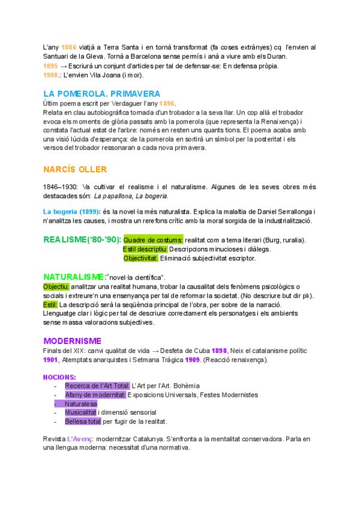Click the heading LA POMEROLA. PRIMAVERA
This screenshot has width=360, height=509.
[x=101, y=94]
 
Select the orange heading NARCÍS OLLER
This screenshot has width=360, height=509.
[x=76, y=169]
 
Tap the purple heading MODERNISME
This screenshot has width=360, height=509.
[x=73, y=340]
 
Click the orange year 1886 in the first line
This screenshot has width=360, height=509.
[x=69, y=47]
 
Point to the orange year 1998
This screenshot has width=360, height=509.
[x=51, y=75]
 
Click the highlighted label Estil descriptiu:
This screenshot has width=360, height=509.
[x=145, y=249]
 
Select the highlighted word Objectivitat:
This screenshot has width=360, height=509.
[x=141, y=259]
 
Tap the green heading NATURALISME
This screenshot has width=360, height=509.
[x=73, y=277]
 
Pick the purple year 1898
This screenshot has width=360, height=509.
[x=219, y=351]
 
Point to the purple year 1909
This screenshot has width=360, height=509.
[x=192, y=360]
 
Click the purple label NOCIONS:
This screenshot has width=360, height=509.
[x=59, y=377]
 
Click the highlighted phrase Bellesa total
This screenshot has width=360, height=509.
[x=83, y=422]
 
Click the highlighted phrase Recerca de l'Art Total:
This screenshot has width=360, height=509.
[x=97, y=386]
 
